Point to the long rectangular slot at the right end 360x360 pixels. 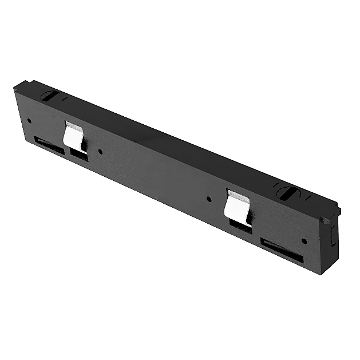281,250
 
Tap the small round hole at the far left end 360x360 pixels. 29,120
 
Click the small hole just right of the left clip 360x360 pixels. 101,152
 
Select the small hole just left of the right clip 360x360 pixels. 208,200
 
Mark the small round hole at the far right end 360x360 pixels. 304,241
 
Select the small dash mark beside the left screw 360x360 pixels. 64,99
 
